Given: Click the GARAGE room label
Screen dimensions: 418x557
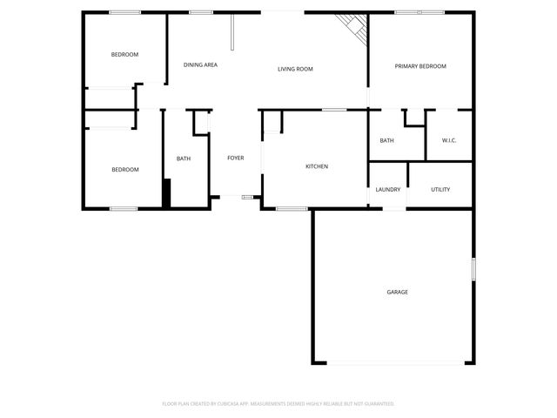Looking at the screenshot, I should pos(397,292).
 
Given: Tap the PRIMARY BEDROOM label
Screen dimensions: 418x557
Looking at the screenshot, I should pos(420,67).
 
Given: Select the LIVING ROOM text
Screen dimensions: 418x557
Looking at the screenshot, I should pos(295,69).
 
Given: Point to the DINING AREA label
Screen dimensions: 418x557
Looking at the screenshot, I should pos(200,65).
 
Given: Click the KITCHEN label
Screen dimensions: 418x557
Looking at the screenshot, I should pos(316,166).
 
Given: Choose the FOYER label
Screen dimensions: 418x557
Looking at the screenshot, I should pos(236,158).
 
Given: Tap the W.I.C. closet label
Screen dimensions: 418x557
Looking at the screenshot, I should pos(449,140).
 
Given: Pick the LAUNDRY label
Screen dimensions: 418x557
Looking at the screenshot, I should pos(387,189).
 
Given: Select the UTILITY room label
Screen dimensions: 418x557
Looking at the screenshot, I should pos(440,189).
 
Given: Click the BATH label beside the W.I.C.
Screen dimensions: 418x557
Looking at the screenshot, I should pos(386,140).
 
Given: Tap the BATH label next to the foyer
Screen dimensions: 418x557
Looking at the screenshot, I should pos(184,158).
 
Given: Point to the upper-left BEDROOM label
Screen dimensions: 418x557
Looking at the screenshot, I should pos(124,55).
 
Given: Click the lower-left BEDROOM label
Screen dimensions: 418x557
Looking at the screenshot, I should pos(124,170).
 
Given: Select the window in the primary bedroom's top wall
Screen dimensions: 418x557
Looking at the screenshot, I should pos(420,12).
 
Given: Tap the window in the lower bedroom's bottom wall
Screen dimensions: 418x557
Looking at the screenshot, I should pos(124,208).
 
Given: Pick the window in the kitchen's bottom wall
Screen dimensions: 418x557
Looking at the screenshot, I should pos(292,208).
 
